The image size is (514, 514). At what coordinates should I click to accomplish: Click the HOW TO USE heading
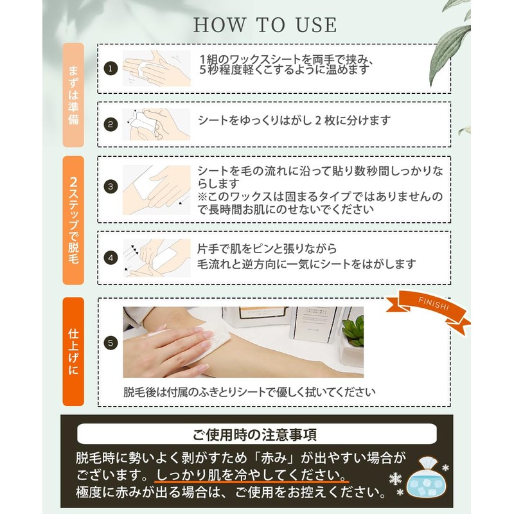(x=265, y=25)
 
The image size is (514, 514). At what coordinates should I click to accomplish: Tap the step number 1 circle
(x=111, y=69)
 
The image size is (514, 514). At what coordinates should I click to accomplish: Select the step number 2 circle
(x=111, y=125)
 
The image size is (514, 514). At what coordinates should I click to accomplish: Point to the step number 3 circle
(x=111, y=187)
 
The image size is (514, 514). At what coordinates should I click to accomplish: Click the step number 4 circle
(x=111, y=258)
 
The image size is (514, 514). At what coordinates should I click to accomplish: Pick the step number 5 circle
(x=111, y=343)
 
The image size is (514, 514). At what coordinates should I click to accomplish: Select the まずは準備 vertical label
(x=73, y=95)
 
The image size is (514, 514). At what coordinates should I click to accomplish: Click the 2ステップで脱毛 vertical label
(x=73, y=220)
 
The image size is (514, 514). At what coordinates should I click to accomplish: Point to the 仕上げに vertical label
(x=73, y=351)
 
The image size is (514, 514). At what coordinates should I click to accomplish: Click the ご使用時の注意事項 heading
(x=254, y=434)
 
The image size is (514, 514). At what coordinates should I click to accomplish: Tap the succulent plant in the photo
(x=353, y=330)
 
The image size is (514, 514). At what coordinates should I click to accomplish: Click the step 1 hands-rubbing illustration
(x=156, y=68)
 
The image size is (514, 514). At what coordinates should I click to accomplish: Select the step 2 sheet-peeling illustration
(x=156, y=125)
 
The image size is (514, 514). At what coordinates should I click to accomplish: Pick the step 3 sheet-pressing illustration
(x=156, y=190)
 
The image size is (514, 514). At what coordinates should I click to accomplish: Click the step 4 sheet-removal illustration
(x=156, y=258)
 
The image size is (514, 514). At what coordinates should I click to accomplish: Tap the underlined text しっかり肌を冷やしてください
(x=251, y=475)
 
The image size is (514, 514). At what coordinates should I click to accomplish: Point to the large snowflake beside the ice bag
(x=395, y=479)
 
